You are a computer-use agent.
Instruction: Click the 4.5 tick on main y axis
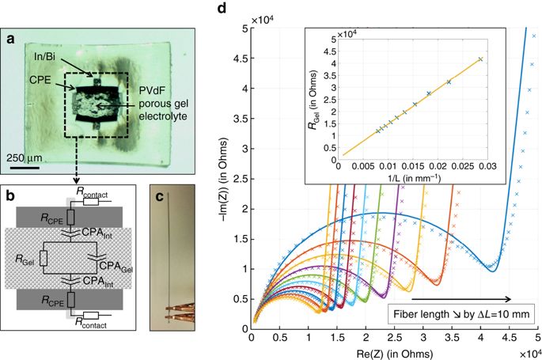pos(241,57)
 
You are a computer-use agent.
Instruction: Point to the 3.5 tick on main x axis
pos(451,337)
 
